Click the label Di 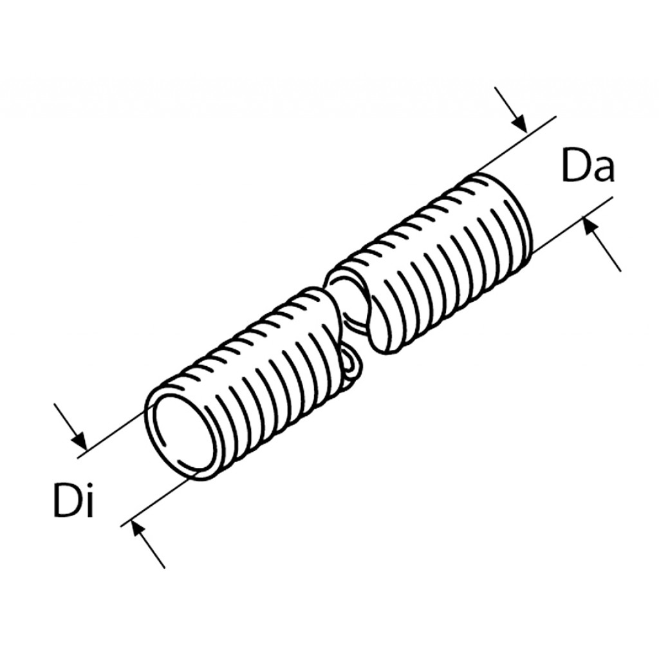tap(73, 499)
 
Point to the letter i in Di tap(88, 499)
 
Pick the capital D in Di tap(66, 500)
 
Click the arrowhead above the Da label tap(519, 123)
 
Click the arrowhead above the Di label tap(80, 440)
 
